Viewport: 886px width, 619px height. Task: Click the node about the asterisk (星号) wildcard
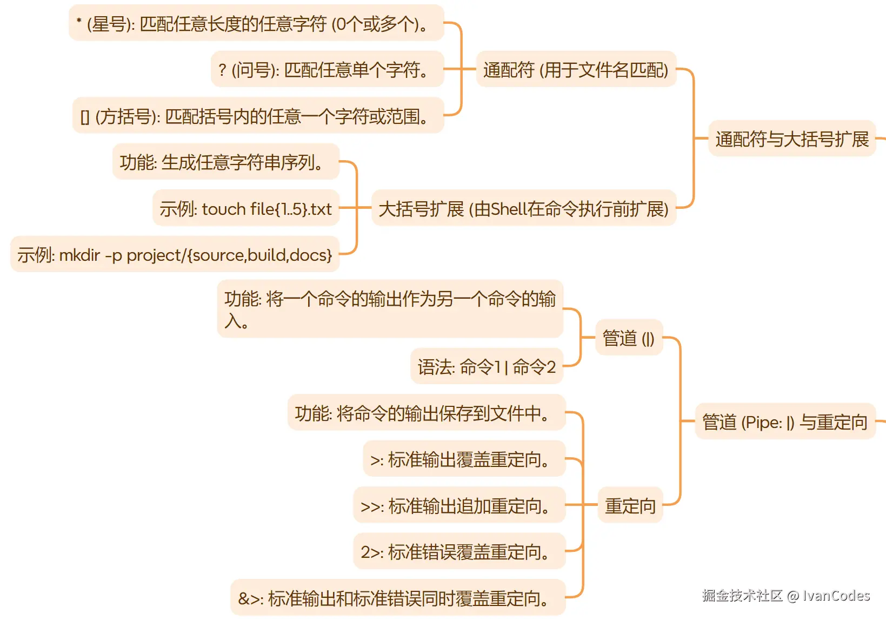coord(256,23)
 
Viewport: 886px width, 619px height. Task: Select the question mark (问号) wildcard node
coord(327,69)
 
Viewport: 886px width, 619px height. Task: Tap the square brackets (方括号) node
coord(258,116)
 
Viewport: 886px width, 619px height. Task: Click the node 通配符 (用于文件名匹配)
coord(576,69)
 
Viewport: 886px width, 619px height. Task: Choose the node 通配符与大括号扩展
coord(791,139)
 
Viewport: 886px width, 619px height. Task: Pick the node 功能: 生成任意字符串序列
coord(225,162)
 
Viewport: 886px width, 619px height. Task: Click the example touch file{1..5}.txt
coord(245,208)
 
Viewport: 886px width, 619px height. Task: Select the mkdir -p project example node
coord(175,254)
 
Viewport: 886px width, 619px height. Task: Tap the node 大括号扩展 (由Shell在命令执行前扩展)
coord(523,208)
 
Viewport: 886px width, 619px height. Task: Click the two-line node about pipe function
coord(390,309)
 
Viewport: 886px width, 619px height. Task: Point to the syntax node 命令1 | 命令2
coord(487,366)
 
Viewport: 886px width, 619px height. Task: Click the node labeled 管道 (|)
coord(629,338)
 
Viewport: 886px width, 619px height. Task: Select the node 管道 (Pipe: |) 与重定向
coord(784,422)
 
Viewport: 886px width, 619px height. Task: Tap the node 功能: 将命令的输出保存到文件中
coord(426,413)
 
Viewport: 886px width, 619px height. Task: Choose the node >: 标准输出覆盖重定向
coord(464,459)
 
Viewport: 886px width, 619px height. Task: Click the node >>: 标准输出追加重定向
coord(459,505)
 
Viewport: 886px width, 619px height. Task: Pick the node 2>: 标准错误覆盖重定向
coord(459,551)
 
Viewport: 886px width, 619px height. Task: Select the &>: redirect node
coord(397,598)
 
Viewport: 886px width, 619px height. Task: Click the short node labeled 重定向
coord(630,505)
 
